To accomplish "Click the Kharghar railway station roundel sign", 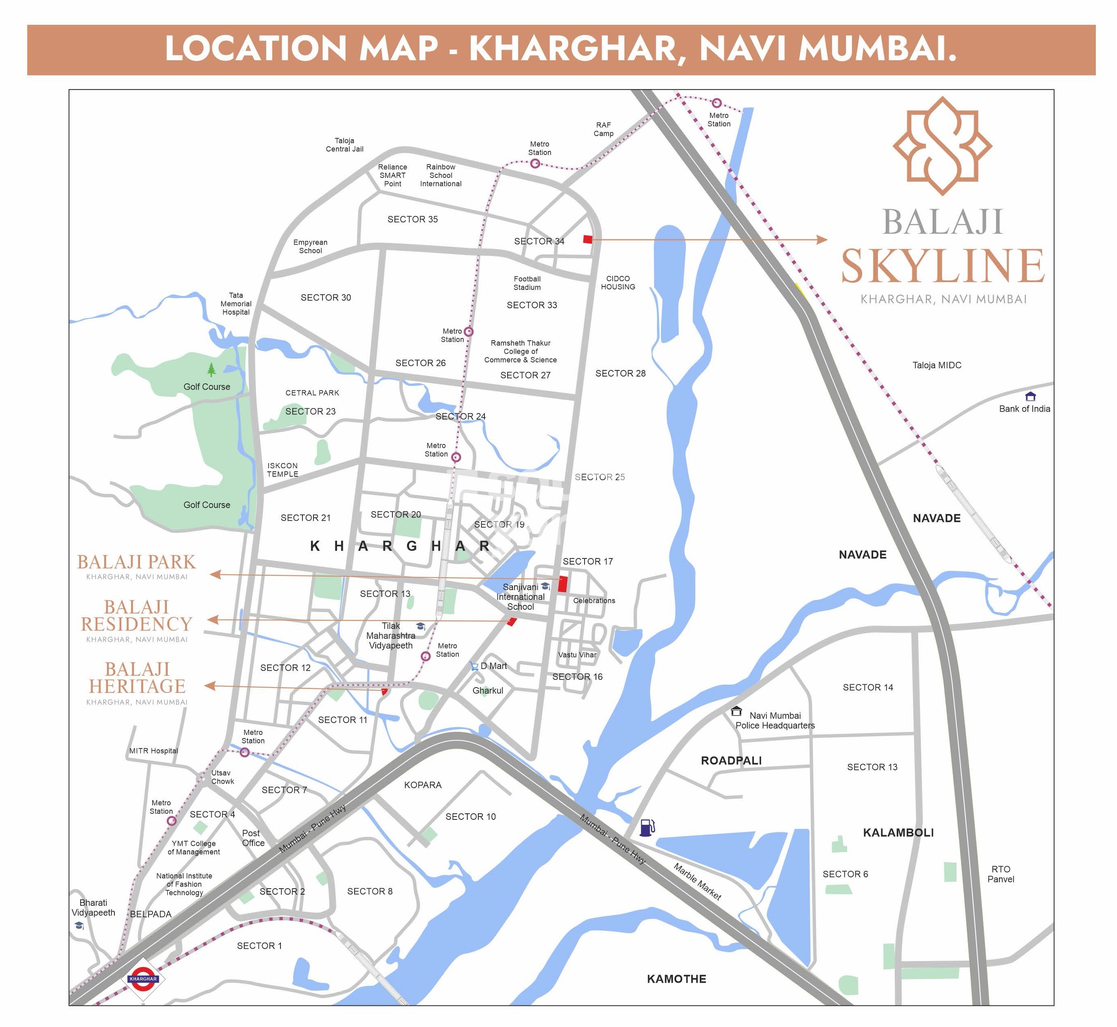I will [143, 979].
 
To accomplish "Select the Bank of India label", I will [1024, 408].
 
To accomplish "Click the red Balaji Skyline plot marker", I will [588, 239].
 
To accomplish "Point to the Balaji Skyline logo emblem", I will [942, 146].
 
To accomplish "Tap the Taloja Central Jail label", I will [344, 145].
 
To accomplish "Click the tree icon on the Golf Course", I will [211, 369].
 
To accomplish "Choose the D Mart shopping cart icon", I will [473, 666].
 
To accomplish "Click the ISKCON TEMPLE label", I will [283, 470].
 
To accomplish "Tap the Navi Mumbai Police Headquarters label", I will [775, 720].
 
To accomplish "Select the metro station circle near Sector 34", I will [534, 163].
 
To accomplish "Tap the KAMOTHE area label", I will [676, 979].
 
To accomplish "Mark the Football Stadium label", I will [527, 283].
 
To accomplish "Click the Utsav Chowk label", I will [222, 777].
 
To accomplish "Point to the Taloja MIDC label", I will [936, 365].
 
